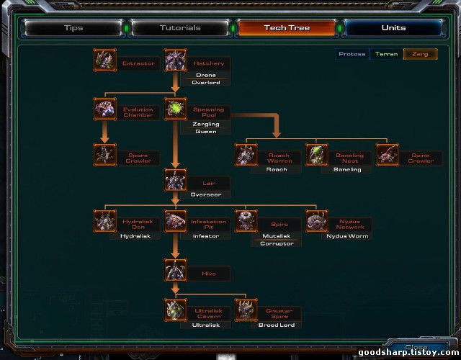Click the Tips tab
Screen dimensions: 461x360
pos(73,28)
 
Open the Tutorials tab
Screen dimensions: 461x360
pos(180,28)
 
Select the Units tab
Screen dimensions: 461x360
pos(393,28)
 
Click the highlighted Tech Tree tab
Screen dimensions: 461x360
pos(287,28)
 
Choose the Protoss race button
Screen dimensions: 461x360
pos(352,54)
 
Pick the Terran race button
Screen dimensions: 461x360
pos(386,54)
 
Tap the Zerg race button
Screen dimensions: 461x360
pos(420,54)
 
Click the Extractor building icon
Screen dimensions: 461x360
pos(105,60)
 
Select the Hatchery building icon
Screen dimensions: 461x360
pos(176,60)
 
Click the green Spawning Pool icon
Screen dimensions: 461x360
pos(176,109)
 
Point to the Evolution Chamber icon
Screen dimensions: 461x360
pos(105,109)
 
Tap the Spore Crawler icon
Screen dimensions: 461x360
pos(105,155)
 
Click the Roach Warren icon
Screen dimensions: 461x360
pos(246,155)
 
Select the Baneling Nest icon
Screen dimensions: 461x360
pos(317,155)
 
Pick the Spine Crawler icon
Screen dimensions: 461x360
pos(388,155)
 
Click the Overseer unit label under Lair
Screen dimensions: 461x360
pos(206,194)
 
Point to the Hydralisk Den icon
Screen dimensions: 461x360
pos(105,221)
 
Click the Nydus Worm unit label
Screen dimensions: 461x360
pos(347,235)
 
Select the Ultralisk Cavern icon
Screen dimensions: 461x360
pos(176,310)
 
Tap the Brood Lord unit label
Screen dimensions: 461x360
pos(277,325)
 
